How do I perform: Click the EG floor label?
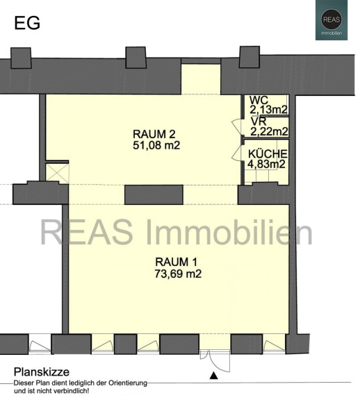tap(27, 23)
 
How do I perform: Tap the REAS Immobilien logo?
tap(332, 20)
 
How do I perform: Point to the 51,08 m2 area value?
tap(156, 145)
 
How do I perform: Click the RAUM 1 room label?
tap(176, 262)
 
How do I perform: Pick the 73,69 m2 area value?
tap(178, 274)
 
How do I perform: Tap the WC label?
tap(259, 100)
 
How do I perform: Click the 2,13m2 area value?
tap(268, 110)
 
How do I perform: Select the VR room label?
tap(259, 121)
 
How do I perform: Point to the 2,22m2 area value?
tap(269, 131)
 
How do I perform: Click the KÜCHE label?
tap(268, 154)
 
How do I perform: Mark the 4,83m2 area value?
tap(266, 164)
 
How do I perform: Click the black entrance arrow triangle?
tap(213, 376)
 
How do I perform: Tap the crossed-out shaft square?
tap(57, 174)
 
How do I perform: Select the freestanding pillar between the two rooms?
tap(154, 194)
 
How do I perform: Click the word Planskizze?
tap(42, 372)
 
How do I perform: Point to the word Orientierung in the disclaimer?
tap(128, 383)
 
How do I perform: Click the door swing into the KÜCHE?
tap(237, 153)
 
